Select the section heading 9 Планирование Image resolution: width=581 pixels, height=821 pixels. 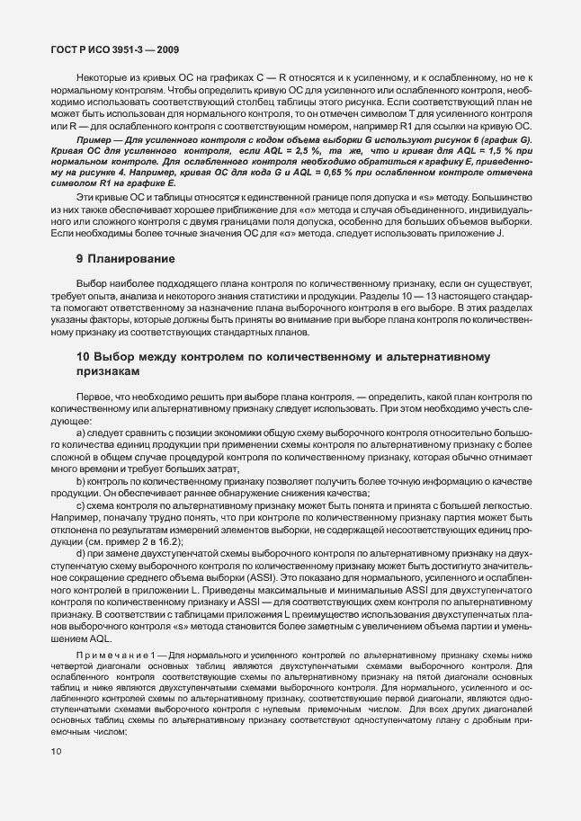(125, 259)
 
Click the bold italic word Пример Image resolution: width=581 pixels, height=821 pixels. (95, 141)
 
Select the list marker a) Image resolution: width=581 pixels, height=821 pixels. (81, 434)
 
